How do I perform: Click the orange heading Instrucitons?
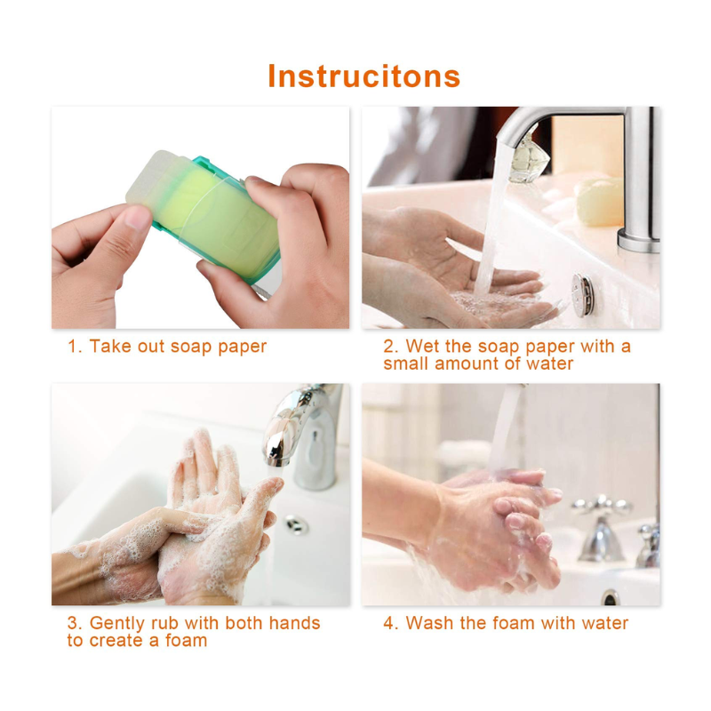pos(364,76)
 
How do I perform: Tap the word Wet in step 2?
pos(423,346)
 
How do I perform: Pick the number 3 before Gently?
pos(73,623)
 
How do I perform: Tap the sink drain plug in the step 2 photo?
pos(582,295)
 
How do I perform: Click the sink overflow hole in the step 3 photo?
pos(297,524)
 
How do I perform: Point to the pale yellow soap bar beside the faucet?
pos(597,202)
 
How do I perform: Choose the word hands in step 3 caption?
pos(295,623)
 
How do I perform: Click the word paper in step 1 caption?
pos(242,348)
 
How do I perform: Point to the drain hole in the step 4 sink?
pos(611,597)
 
